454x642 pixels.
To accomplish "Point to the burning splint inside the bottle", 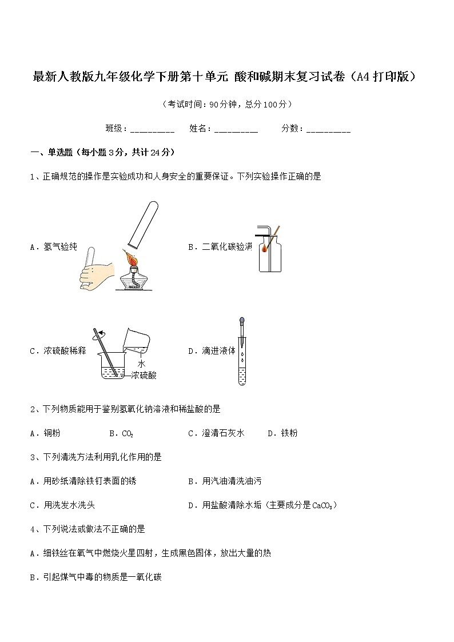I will (265, 248).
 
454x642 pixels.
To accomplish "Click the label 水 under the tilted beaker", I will (141, 364).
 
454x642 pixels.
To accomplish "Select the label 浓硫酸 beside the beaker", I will (144, 375).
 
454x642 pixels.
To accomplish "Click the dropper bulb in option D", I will (241, 322).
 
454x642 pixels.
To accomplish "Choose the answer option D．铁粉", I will (282, 433).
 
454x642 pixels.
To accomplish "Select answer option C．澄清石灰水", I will (216, 433).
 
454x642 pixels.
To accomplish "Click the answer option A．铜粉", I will (45, 433).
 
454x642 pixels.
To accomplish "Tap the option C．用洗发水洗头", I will (66, 505).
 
